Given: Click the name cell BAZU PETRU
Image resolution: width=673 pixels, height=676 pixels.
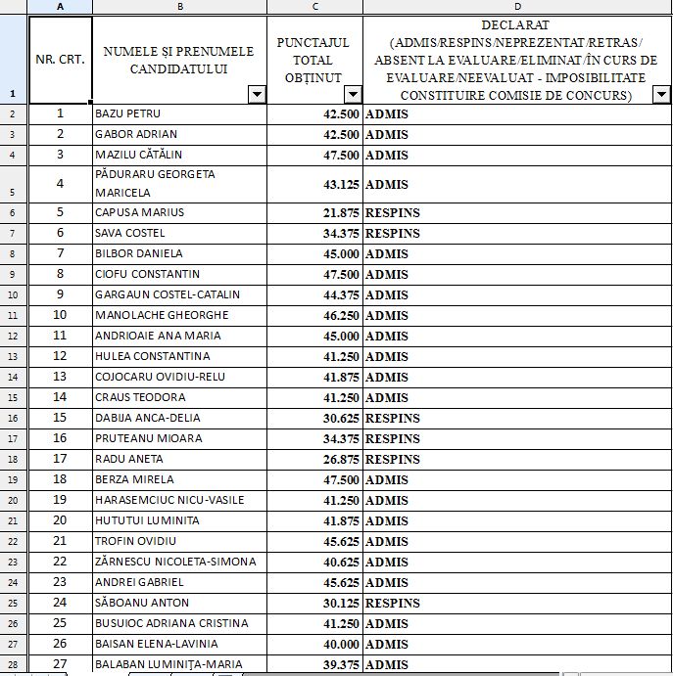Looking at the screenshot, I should pyautogui.click(x=127, y=113).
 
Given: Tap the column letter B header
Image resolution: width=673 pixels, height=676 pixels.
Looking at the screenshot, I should pyautogui.click(x=179, y=7).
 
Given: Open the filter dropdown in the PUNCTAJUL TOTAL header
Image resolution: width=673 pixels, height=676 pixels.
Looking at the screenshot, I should pyautogui.click(x=354, y=95).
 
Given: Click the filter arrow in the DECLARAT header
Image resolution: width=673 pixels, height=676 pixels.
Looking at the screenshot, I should pyautogui.click(x=661, y=95).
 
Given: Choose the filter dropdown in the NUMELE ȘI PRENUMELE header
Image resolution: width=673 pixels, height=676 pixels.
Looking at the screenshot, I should pyautogui.click(x=257, y=95).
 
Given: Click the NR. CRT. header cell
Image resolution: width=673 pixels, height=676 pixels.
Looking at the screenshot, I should pyautogui.click(x=60, y=59).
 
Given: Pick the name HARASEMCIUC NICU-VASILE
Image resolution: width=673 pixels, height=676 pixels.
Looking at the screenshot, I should pyautogui.click(x=169, y=500).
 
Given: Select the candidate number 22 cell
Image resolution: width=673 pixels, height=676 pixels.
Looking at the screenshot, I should pyautogui.click(x=60, y=562).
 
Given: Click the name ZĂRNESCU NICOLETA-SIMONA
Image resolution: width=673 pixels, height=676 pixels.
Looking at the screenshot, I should pyautogui.click(x=175, y=562).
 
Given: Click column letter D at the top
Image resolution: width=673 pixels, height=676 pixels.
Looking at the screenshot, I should pyautogui.click(x=516, y=7).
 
